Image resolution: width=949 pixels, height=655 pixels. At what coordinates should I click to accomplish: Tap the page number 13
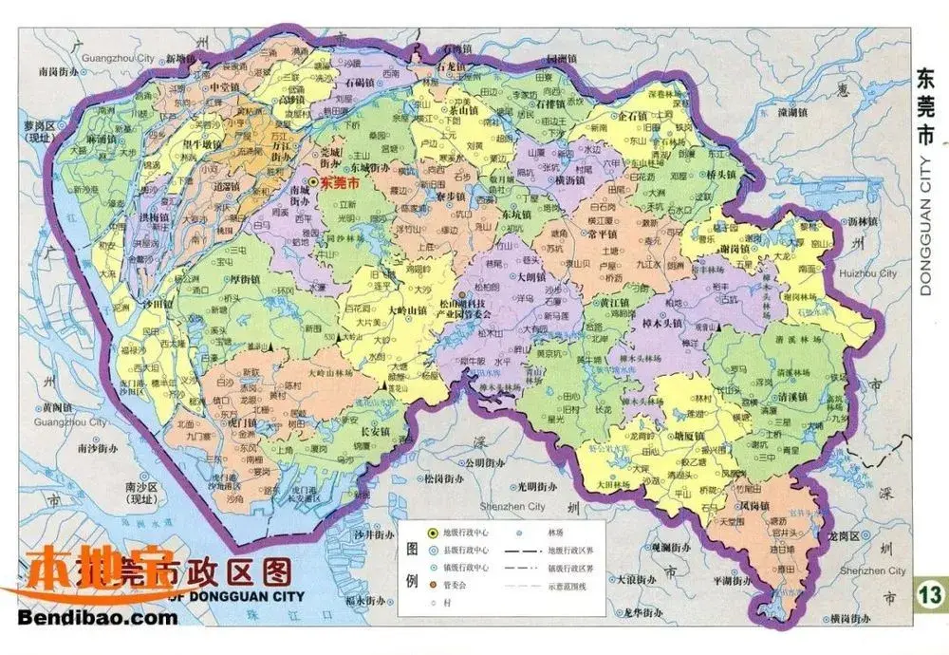point(930,594)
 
